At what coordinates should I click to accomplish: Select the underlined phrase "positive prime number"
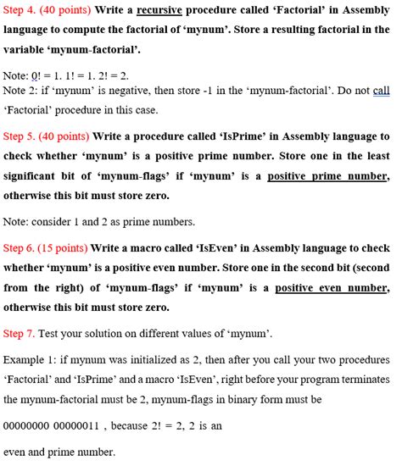[x=328, y=176]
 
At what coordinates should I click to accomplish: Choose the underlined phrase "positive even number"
[x=332, y=288]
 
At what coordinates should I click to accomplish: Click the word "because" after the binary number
[x=131, y=426]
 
